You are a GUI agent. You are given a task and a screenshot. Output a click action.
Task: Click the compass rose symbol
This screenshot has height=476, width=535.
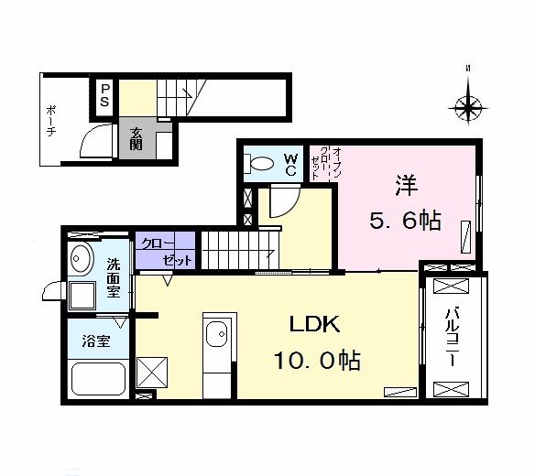coord(469,108)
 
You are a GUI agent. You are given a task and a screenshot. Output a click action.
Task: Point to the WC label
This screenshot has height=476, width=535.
coord(289,165)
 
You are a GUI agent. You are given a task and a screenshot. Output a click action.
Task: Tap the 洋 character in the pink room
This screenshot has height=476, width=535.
coord(406,184)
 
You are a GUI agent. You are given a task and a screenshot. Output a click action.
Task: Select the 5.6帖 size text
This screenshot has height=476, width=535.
coord(406,221)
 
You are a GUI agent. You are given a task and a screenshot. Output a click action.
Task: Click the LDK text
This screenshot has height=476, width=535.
coord(315,325)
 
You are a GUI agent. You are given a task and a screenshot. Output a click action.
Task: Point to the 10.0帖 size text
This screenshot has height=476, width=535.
coord(315,360)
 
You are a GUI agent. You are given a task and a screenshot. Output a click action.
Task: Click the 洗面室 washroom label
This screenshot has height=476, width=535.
coord(114,277)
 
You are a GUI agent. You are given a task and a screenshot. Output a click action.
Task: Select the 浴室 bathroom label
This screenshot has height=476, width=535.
coord(96,341)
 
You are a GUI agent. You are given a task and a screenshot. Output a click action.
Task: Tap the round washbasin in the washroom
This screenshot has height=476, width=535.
coord(81,259)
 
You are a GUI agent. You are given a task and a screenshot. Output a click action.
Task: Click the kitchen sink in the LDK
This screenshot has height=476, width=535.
coord(219,335)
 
